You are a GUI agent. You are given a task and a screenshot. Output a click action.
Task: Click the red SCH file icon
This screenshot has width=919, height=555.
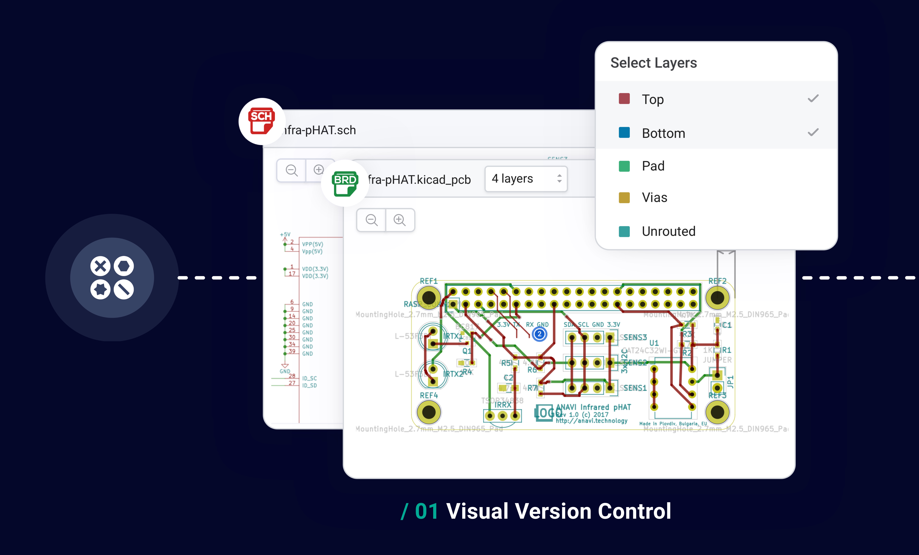(262, 121)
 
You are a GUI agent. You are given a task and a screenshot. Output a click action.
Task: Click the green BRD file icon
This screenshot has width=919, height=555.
(345, 183)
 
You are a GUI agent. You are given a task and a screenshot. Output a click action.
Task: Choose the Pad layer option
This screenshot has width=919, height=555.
(653, 166)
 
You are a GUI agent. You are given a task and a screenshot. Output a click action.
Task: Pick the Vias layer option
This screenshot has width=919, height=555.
(654, 198)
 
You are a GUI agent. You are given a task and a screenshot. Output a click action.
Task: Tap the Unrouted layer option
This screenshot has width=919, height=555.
(668, 231)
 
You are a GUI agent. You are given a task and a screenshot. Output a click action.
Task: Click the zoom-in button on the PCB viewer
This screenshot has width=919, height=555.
(399, 220)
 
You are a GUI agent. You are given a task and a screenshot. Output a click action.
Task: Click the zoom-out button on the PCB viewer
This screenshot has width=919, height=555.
(371, 220)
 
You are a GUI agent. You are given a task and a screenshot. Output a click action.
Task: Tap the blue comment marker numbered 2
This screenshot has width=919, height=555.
(539, 334)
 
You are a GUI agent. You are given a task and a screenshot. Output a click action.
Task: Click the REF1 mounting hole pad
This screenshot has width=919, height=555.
(429, 298)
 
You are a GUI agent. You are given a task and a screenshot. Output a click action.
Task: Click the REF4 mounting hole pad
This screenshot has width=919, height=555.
(429, 412)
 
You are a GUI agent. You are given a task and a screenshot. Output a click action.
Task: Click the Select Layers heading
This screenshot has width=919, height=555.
(653, 63)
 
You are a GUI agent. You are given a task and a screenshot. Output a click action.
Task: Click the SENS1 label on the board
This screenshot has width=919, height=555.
(635, 388)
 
